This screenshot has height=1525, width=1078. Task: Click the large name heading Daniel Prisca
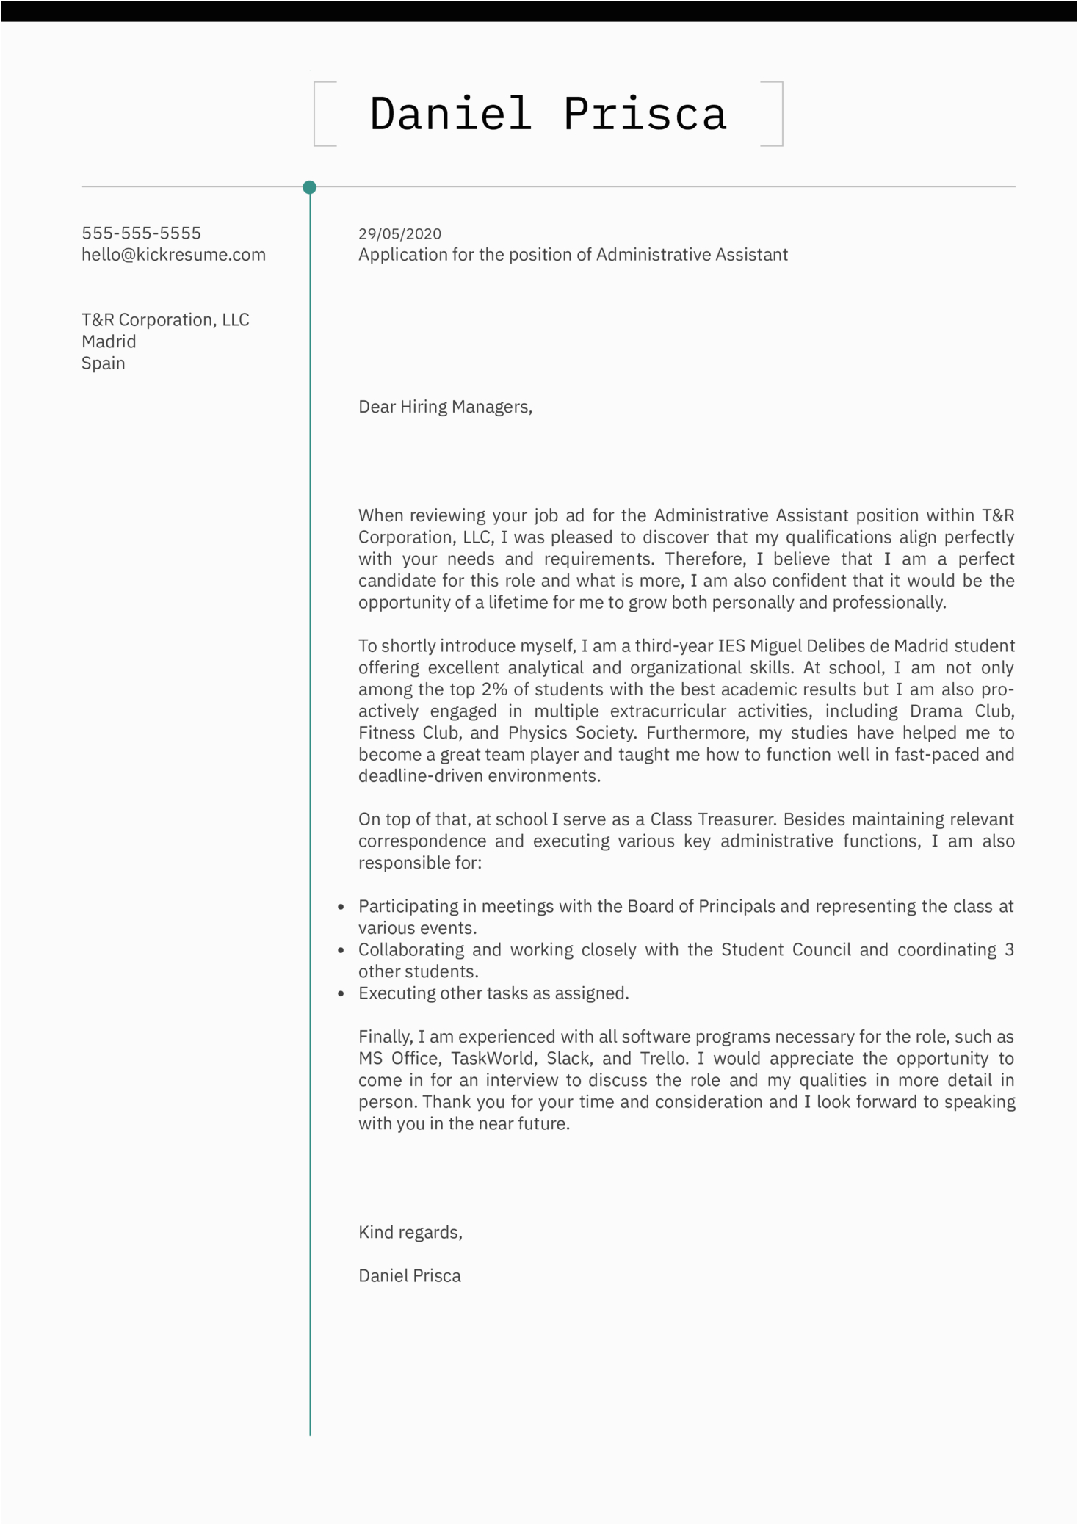point(548,115)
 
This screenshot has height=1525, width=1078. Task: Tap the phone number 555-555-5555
point(141,233)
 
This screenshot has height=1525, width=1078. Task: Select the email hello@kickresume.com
point(173,255)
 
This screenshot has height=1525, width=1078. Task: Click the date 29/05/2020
point(399,234)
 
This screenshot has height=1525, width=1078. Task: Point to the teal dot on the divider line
point(310,187)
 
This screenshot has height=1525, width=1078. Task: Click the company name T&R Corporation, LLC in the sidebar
point(165,320)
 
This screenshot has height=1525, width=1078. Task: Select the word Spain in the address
point(103,363)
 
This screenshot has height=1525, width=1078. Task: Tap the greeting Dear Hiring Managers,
point(445,407)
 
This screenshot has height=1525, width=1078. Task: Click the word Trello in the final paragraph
point(664,1059)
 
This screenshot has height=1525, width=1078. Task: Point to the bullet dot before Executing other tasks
point(341,994)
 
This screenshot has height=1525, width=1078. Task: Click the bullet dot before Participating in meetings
point(341,908)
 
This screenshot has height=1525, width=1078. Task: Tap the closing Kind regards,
point(410,1233)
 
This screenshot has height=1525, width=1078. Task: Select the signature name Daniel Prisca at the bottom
point(410,1276)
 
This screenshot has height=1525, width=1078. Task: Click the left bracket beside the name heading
point(316,115)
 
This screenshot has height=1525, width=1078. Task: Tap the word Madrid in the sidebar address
point(109,341)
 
